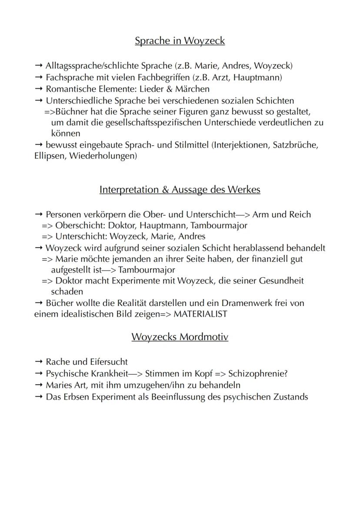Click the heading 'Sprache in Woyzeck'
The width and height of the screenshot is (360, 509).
(x=180, y=41)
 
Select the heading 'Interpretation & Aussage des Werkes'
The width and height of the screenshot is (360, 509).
(x=180, y=190)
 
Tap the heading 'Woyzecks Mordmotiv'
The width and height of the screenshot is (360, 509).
(x=180, y=337)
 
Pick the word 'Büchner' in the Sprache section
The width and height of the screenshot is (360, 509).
(x=70, y=111)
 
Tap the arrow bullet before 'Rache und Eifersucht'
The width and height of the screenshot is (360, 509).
(x=38, y=362)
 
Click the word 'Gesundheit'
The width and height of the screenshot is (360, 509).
(x=281, y=281)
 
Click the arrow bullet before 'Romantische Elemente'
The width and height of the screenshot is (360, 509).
(x=38, y=89)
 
